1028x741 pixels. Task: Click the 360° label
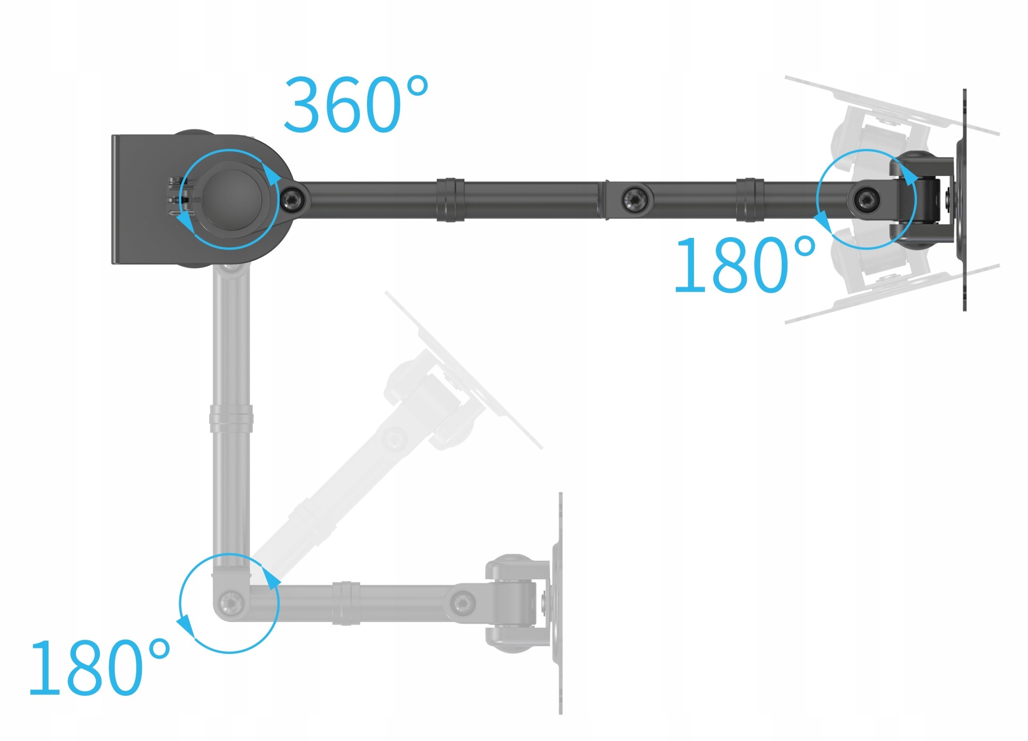click(356, 105)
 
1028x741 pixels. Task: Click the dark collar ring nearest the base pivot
click(450, 200)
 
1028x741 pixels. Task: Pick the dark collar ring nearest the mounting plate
click(750, 200)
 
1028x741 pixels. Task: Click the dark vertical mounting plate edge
click(965, 200)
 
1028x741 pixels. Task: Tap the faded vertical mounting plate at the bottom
click(561, 603)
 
